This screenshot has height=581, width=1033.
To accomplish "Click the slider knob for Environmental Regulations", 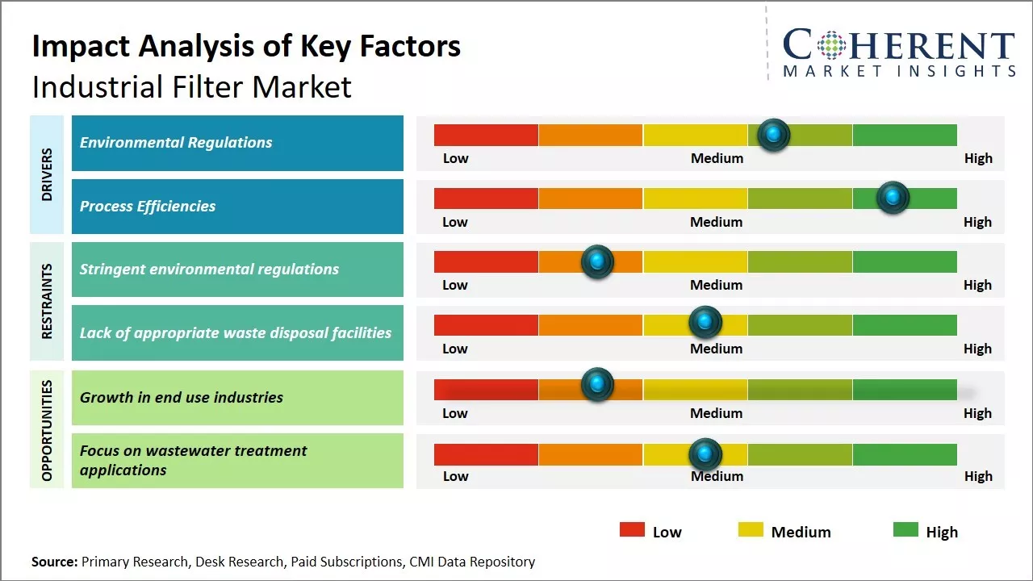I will [x=774, y=135].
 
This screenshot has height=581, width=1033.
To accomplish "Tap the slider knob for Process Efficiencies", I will [x=893, y=198].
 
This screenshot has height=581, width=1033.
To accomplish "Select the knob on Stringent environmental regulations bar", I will [x=597, y=261].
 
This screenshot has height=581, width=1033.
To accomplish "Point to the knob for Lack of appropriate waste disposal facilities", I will [x=705, y=323].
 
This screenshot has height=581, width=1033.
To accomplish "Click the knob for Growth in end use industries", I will [x=597, y=385].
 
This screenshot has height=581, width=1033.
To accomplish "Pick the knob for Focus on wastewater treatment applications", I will [x=705, y=454].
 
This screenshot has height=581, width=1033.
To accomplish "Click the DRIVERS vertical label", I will [x=47, y=174].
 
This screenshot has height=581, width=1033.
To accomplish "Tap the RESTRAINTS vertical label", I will [x=47, y=301].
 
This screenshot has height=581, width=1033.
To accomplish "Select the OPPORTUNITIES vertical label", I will [x=47, y=430].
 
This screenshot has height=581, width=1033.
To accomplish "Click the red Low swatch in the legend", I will [x=632, y=529].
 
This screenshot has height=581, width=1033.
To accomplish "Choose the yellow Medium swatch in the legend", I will [x=751, y=529].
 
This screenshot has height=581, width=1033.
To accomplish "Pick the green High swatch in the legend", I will [x=905, y=529].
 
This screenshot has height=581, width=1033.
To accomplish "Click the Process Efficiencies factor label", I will [x=148, y=206].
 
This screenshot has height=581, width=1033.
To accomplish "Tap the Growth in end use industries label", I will [x=182, y=397].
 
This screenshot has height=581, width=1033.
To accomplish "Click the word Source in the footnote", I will [x=54, y=562].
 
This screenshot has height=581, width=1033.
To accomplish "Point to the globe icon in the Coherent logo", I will [x=830, y=45].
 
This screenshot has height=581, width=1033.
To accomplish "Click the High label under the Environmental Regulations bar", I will [x=978, y=158].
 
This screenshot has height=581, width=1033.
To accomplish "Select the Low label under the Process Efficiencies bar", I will [x=455, y=222].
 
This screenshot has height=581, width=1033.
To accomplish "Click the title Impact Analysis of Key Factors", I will [x=246, y=46].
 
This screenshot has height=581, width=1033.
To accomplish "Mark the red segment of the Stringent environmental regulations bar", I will [x=486, y=261].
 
